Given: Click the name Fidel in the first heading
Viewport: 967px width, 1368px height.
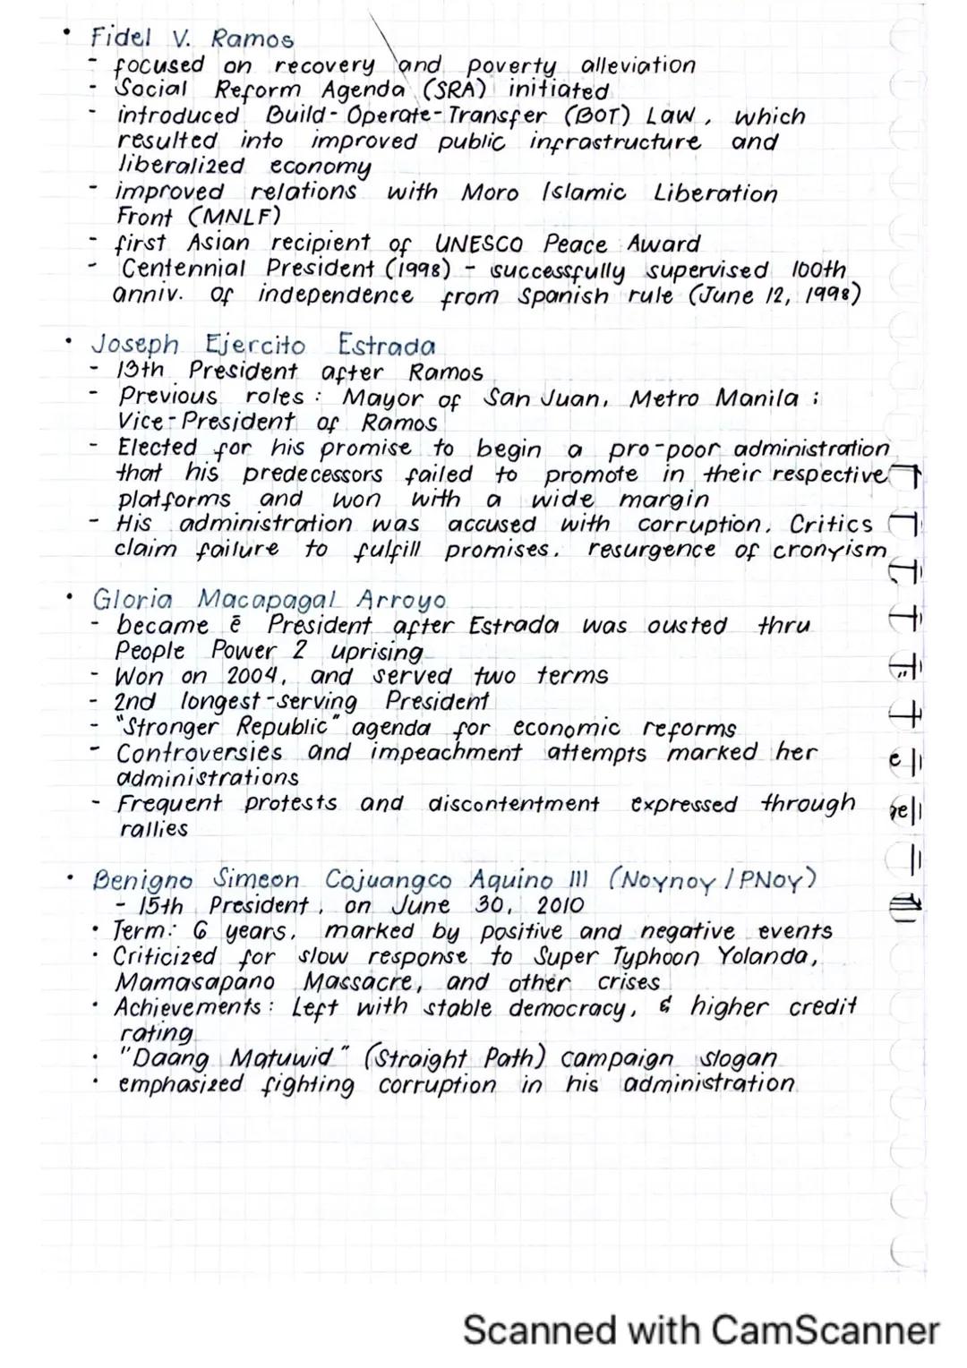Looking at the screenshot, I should pos(121,38).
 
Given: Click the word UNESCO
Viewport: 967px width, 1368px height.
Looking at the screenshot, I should pos(478,244).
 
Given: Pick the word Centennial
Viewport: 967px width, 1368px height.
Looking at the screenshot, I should pos(183,269).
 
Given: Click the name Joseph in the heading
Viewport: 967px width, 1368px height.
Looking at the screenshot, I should pos(135,345).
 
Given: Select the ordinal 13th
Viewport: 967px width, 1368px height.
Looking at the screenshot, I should pos(141,371).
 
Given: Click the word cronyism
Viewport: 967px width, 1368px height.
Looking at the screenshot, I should pos(828,550).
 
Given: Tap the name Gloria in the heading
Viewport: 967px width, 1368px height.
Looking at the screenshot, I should pos(133,599).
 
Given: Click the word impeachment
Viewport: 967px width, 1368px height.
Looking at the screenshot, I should pos(446,752).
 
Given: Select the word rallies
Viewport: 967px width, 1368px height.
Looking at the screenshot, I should pos(154,829).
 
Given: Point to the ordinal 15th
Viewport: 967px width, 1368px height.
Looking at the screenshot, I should pos(161,906).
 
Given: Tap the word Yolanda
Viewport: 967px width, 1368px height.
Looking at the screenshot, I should pos(766,956).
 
